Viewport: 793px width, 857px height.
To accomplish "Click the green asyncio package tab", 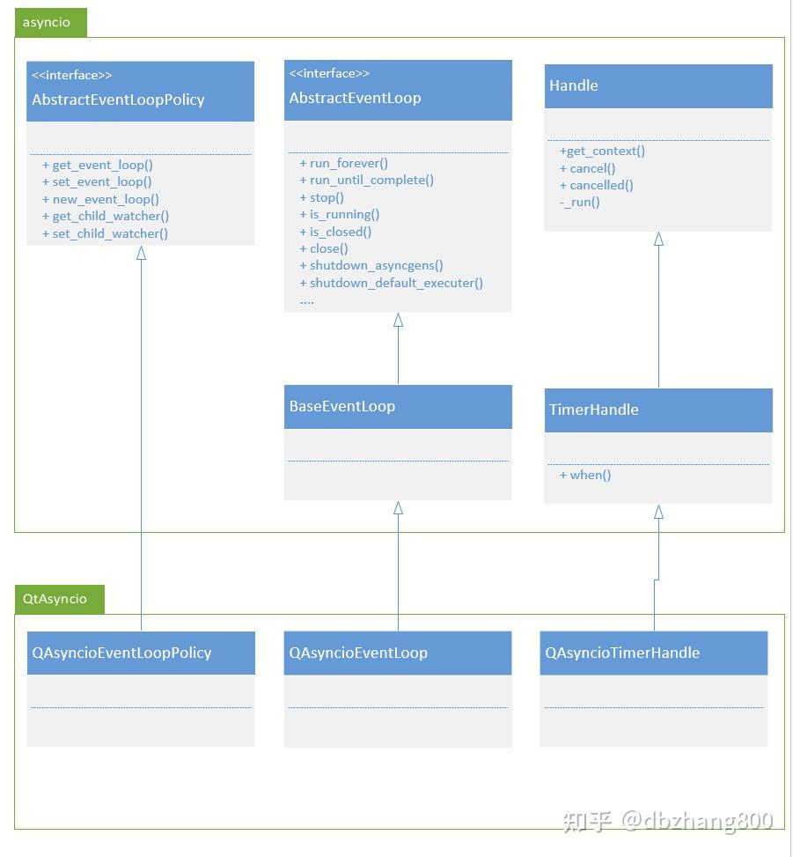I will click(x=50, y=23).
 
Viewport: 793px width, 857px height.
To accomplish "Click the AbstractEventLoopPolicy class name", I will click(x=118, y=100).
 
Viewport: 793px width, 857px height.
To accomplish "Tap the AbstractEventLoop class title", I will click(x=355, y=98).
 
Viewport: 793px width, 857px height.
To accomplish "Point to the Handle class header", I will click(x=574, y=85).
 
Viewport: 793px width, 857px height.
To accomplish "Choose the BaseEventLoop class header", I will click(x=342, y=406).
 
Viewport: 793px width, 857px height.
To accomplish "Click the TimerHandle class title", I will click(x=594, y=410).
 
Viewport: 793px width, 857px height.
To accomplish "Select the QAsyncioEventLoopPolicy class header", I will click(x=121, y=653).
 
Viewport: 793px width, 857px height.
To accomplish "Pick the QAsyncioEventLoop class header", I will click(x=358, y=653).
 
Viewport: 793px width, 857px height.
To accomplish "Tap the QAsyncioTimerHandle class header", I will click(x=622, y=653).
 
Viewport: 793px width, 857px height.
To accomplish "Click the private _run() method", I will click(x=580, y=202).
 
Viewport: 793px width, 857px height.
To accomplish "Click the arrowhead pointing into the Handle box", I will click(x=658, y=239).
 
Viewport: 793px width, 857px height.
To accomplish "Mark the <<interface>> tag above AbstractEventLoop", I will click(x=329, y=73).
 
